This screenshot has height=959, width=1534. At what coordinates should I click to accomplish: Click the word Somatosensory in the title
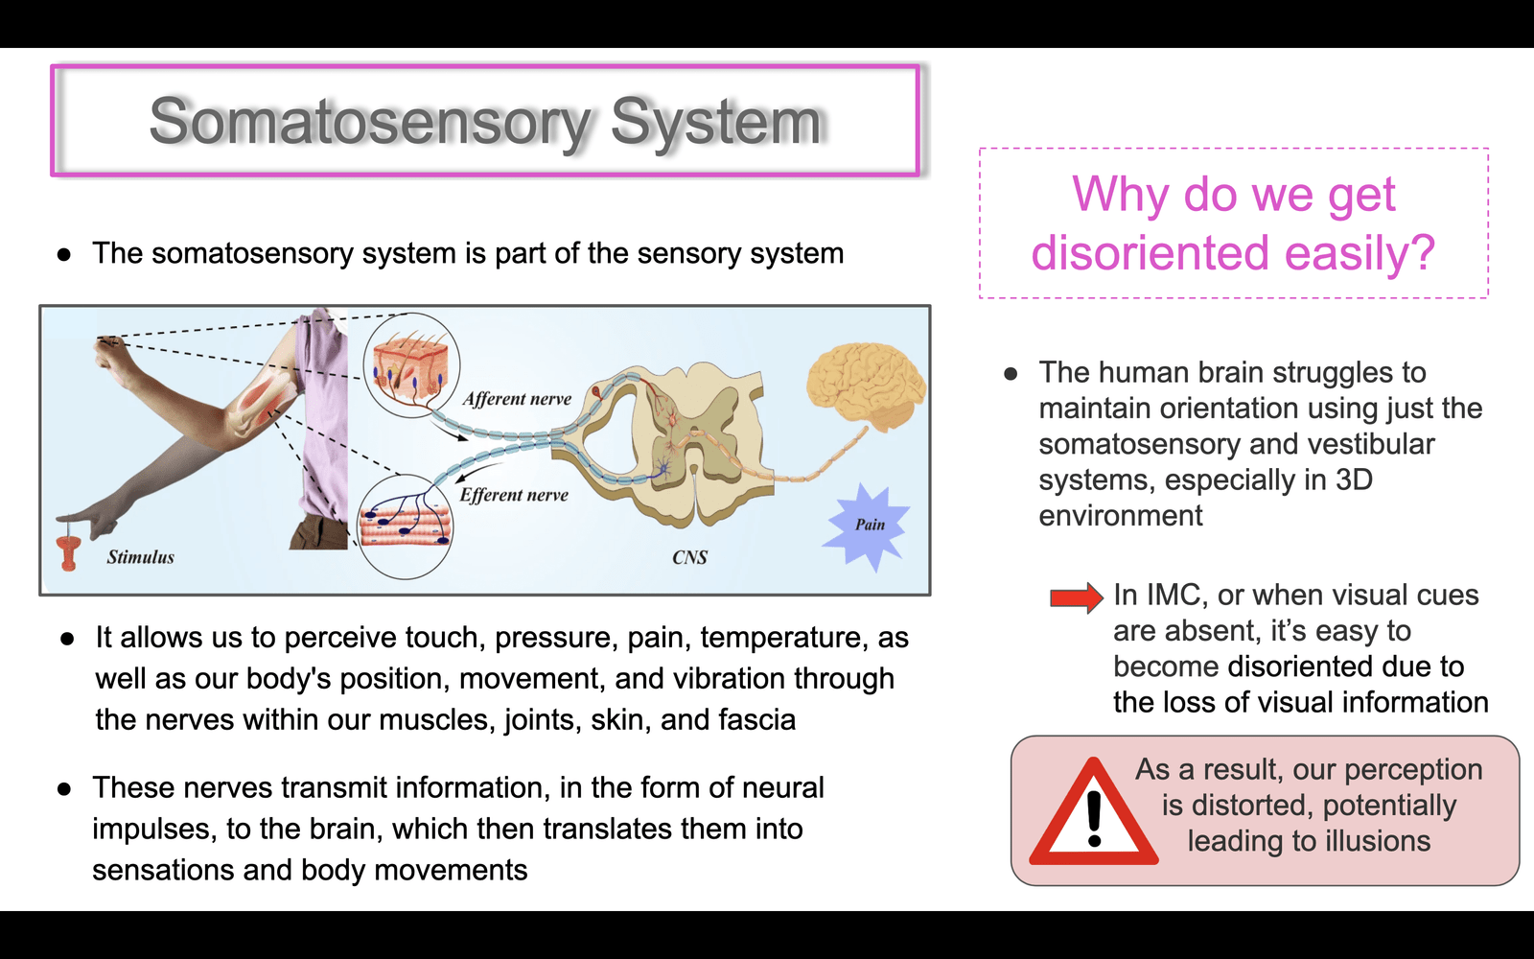[369, 122]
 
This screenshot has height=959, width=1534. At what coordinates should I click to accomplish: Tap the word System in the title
[715, 122]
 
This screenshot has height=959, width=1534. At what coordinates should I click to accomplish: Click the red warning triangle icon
[1094, 811]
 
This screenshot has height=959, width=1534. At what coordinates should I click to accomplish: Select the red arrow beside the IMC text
[1077, 597]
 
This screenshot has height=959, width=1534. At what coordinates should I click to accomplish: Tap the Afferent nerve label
[517, 399]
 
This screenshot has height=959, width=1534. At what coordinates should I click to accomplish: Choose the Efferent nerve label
[514, 495]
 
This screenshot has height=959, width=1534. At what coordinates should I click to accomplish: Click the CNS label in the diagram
[689, 557]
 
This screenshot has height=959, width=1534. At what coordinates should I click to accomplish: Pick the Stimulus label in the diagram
[140, 557]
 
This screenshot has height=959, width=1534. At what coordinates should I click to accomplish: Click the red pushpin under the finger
[68, 550]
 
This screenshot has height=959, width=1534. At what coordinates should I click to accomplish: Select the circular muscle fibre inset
[406, 526]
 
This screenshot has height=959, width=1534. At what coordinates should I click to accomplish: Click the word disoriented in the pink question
[1150, 252]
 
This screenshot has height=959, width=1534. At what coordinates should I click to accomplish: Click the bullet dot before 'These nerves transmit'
[64, 789]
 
